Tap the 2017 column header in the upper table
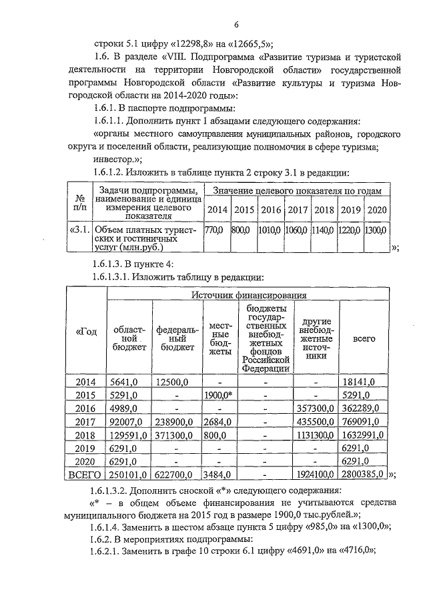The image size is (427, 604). coord(296,210)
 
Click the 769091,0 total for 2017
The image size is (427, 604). coord(364,421)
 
